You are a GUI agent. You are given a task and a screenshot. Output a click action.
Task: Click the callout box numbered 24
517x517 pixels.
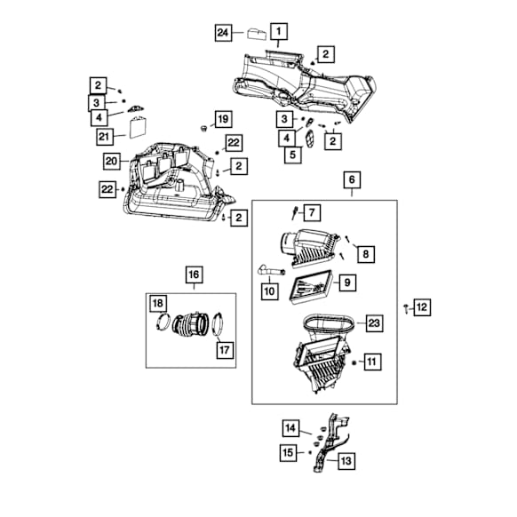point(223,32)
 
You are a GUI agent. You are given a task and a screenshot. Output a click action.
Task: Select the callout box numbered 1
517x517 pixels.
point(279,31)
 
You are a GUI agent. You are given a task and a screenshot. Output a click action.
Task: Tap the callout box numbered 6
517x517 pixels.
point(352,179)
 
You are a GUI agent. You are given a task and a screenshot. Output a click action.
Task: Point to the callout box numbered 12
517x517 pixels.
point(422,307)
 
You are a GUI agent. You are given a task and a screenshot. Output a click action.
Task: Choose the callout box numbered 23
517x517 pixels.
point(374,323)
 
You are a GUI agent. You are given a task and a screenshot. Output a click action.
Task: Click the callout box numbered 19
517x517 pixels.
point(223,119)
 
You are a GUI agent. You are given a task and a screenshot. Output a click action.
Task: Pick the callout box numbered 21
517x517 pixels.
point(105,137)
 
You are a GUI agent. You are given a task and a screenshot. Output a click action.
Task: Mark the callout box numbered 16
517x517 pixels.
point(194,274)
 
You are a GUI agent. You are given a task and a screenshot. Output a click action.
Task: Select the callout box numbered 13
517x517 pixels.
point(346,460)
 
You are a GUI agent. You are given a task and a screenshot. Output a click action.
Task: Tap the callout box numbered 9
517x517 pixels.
point(347,282)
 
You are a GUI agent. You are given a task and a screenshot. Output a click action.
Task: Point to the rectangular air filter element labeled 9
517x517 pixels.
point(311,288)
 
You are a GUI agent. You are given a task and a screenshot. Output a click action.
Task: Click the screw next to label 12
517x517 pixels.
point(406,308)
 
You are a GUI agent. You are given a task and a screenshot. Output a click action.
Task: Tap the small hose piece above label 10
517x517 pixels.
point(270,271)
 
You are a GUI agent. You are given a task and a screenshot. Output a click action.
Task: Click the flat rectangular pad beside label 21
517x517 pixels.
point(139,127)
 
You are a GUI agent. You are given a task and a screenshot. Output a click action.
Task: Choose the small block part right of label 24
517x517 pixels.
point(257,34)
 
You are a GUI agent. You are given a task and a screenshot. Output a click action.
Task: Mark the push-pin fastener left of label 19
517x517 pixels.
point(203,128)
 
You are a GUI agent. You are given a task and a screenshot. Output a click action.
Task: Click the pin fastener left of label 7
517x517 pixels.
point(294,212)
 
